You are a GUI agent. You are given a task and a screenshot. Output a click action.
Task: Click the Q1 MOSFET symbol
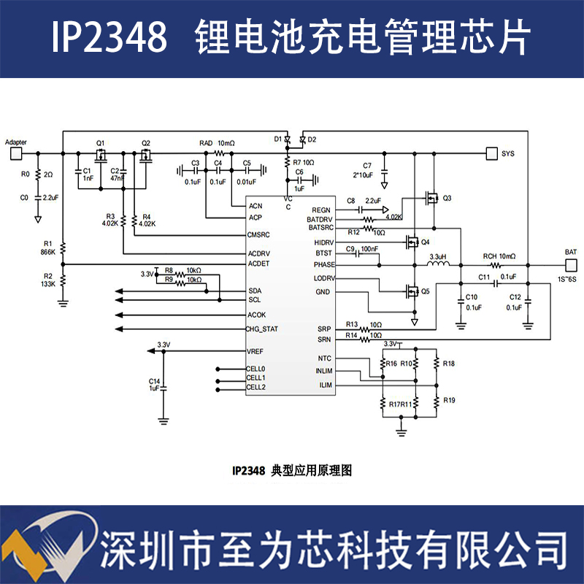[x=101, y=155]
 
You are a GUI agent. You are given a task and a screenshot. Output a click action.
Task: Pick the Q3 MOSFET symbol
[x=432, y=198]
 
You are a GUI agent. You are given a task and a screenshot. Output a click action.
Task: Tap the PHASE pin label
[x=323, y=264]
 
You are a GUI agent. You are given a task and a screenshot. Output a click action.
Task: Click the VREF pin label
[x=255, y=352]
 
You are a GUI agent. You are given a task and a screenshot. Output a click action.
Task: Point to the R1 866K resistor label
[x=48, y=247]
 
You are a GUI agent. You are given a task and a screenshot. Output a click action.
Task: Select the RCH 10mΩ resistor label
[x=499, y=256]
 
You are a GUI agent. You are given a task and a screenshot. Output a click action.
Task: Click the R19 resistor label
[x=449, y=401]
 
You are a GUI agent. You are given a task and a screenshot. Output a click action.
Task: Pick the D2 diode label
[x=312, y=139]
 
